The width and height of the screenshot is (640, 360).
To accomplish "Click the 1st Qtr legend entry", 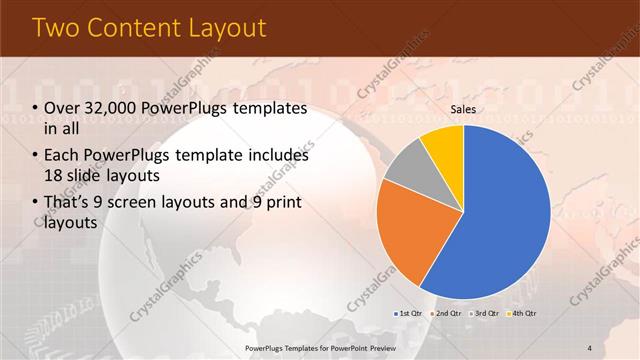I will [x=407, y=313].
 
